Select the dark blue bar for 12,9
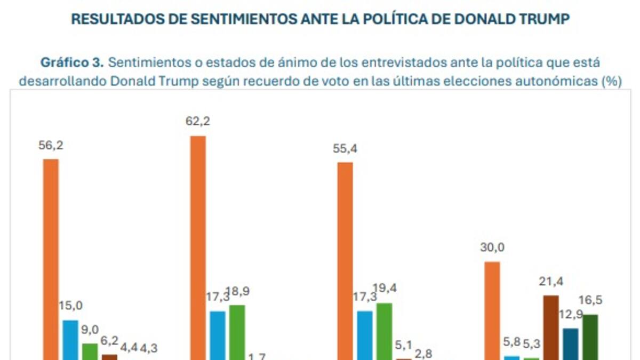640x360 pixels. pos(571,344)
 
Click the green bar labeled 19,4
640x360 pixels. pos(384,331)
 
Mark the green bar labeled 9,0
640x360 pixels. pos(90,351)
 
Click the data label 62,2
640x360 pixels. pos(198,122)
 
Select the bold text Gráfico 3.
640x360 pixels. pos(72,62)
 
